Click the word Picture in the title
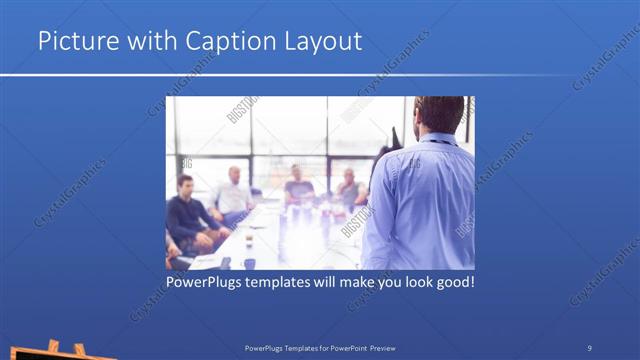click(75, 41)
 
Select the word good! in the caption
click(451, 283)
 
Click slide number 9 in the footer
click(589, 347)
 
